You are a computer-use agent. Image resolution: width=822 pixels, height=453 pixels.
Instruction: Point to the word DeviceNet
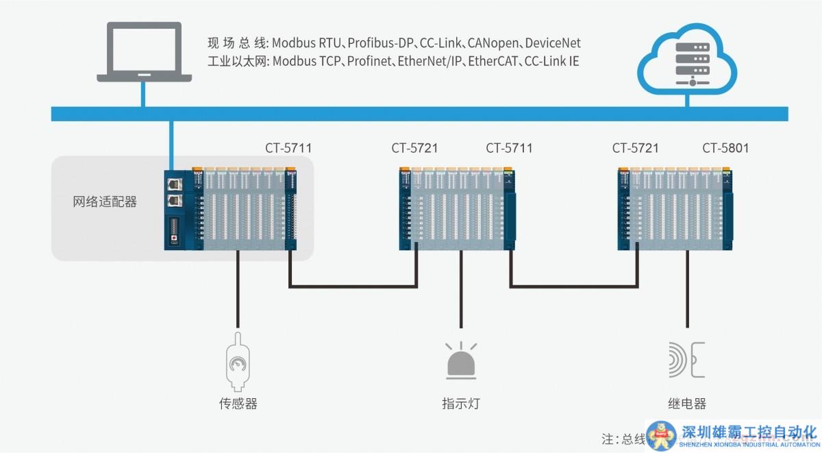[x=553, y=43]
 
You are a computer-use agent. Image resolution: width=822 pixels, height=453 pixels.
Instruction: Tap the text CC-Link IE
[x=551, y=61]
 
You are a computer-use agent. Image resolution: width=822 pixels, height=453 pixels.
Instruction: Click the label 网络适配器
[x=105, y=202]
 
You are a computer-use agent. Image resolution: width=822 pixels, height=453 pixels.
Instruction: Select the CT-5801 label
[x=725, y=148]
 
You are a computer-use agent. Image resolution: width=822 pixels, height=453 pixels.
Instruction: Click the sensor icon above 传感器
[x=238, y=359]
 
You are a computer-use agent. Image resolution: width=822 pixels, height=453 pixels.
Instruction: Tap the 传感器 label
[x=238, y=404]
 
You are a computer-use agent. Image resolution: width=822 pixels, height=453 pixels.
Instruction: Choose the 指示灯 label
[x=461, y=404]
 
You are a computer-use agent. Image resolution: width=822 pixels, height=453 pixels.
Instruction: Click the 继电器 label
[x=686, y=404]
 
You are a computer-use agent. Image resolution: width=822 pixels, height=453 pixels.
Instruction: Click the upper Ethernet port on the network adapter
[x=174, y=184]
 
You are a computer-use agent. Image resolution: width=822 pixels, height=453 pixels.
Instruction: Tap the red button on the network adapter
[x=174, y=239]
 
